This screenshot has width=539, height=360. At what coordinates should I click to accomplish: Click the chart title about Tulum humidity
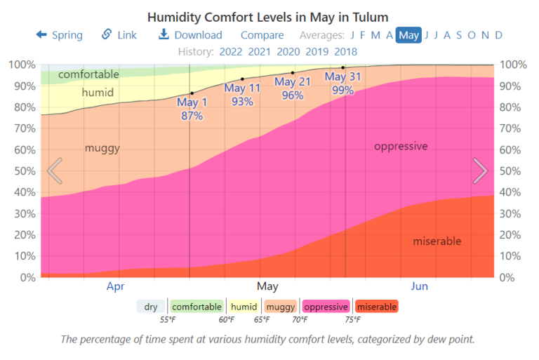pos(267,16)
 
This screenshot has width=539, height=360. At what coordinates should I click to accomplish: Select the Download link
pos(190,35)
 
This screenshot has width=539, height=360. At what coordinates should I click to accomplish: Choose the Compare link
pos(262,35)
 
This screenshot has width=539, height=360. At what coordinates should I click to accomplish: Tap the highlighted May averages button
pos(408,35)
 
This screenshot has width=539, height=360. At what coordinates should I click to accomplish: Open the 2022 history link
pos(231,51)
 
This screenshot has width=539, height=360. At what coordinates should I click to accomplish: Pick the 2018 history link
pos(345,51)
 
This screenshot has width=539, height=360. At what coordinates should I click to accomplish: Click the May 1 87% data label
pos(192,109)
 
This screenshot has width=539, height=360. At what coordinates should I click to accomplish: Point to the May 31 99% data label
pos(343,84)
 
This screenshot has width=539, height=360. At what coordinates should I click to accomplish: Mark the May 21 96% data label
pos(293,88)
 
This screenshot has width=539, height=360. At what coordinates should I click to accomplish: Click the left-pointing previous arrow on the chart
pos(55,171)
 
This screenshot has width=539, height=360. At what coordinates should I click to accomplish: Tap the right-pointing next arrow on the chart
pos(480,171)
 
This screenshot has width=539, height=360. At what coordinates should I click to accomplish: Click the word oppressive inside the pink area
pos(401,147)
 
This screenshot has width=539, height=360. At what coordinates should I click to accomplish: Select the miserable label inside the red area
pos(437,241)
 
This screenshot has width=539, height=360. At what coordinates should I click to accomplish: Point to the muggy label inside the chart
pos(102,148)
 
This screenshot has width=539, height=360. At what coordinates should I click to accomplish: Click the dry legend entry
pos(151,307)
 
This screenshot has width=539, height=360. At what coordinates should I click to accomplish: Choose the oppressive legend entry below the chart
pos(326,307)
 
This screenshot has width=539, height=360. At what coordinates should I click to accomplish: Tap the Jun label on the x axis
pos(419,286)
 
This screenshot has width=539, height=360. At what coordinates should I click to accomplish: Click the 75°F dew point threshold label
pos(352,320)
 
